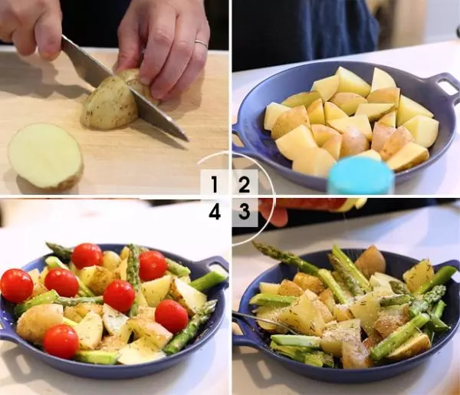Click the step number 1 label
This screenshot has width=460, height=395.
[x=215, y=184]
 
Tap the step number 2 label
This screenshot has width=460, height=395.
[x=244, y=184]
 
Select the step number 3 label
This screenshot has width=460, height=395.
[x=244, y=211]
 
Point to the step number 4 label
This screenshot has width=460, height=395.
[x=215, y=212]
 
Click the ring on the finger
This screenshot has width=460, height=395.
[x=201, y=44]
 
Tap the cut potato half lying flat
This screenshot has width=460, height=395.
[x=45, y=156]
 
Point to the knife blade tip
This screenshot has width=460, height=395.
[x=187, y=139]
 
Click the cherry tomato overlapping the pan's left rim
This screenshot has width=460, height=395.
[x=17, y=286]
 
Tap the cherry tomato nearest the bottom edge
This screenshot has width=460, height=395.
[x=61, y=341]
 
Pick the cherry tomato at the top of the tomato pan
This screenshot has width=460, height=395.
[x=87, y=256]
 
